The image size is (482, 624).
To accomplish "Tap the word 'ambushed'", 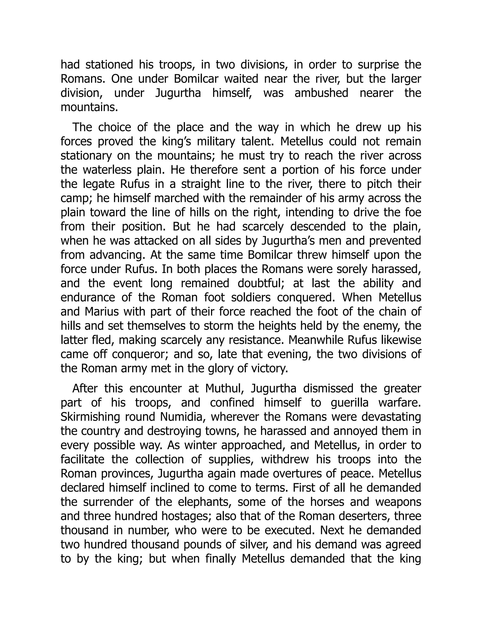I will (x=321, y=93).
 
